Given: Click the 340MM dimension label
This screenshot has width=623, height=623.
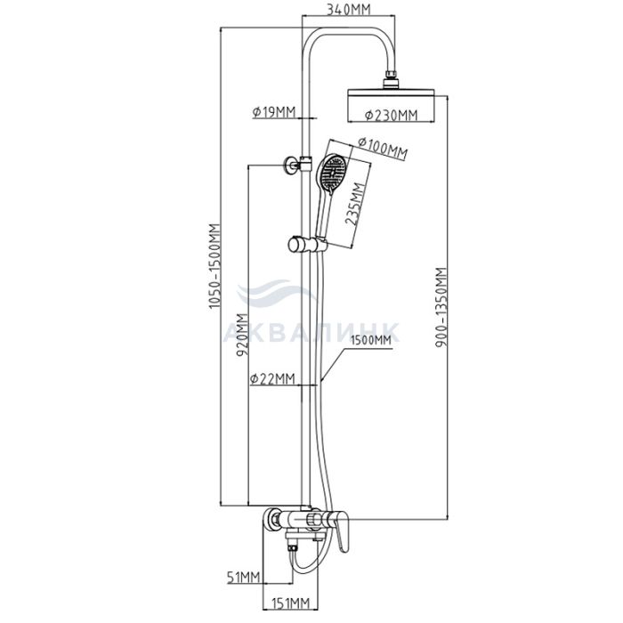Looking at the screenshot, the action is pyautogui.click(x=348, y=9).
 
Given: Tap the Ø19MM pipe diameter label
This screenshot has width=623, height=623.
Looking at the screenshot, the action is pyautogui.click(x=274, y=113).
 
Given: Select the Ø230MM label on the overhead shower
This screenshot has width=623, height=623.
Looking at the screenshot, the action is pyautogui.click(x=391, y=115).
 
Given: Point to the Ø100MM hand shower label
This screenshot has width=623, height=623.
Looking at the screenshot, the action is pyautogui.click(x=383, y=149).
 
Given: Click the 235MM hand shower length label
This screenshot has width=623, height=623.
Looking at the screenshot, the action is pyautogui.click(x=354, y=204).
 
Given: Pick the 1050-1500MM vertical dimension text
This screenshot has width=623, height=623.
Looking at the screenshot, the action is pyautogui.click(x=214, y=266).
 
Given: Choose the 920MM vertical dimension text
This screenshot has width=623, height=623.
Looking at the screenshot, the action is pyautogui.click(x=242, y=335).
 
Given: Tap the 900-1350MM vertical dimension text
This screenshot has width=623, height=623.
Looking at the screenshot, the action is pyautogui.click(x=441, y=307).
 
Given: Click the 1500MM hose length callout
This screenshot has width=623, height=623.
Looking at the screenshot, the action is pyautogui.click(x=371, y=340).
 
